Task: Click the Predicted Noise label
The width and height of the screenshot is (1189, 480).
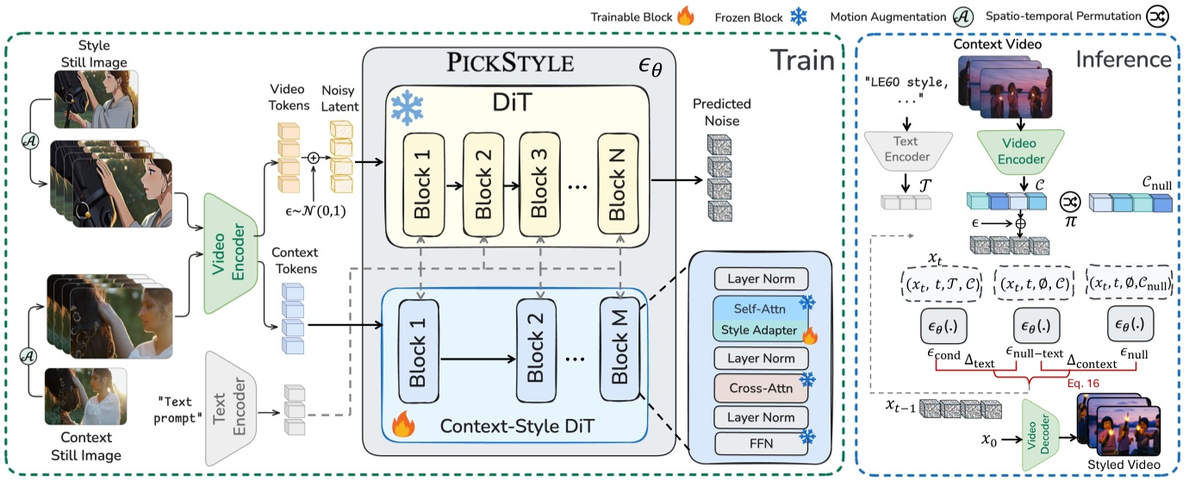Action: click(x=721, y=111)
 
